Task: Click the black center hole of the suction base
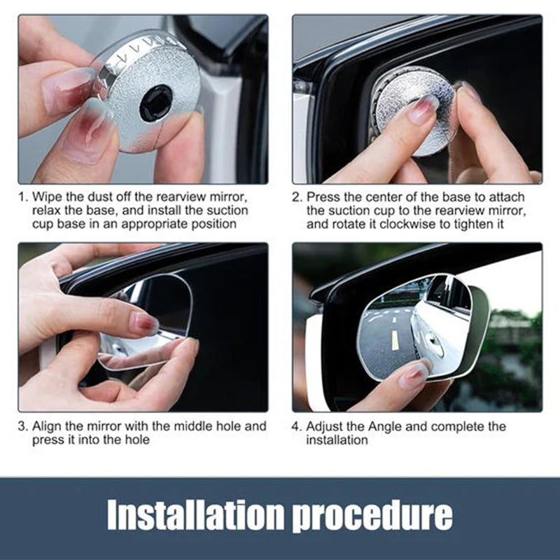[x=156, y=103]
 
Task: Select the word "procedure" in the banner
[x=372, y=517]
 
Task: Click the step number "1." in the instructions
[x=23, y=197]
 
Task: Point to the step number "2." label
[x=297, y=197]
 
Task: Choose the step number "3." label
[x=23, y=426]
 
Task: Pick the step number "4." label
[x=297, y=426]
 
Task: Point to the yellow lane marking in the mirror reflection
[x=394, y=340]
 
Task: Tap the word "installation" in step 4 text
[x=337, y=440]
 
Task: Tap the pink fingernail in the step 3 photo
[x=144, y=323]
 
